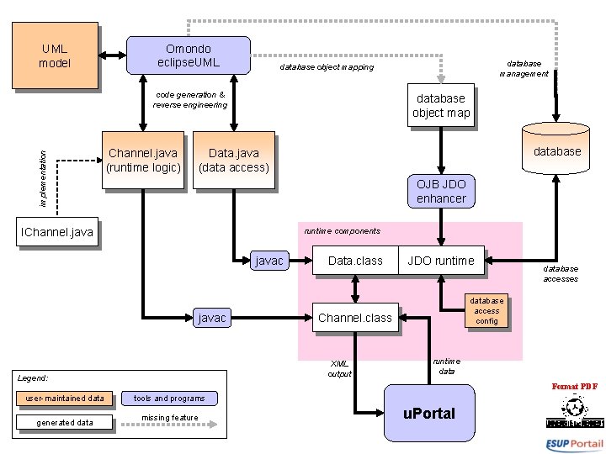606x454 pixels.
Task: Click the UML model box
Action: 55,56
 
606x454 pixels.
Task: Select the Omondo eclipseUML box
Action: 188,55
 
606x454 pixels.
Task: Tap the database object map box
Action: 440,106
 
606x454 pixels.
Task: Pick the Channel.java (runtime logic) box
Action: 142,160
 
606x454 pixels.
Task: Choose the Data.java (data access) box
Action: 233,160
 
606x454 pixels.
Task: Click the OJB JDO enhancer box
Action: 440,191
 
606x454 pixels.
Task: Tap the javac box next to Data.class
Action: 269,261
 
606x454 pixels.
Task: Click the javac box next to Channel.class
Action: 211,318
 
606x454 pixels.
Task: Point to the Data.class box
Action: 355,261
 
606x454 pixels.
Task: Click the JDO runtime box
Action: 441,261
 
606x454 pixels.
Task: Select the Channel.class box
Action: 355,318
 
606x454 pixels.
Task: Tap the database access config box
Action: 486,310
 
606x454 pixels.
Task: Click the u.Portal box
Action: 428,413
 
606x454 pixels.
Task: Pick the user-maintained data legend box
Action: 65,398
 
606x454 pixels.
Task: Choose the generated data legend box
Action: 65,422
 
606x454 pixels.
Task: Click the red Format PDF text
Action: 574,387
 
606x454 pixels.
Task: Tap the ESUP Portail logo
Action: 574,443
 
